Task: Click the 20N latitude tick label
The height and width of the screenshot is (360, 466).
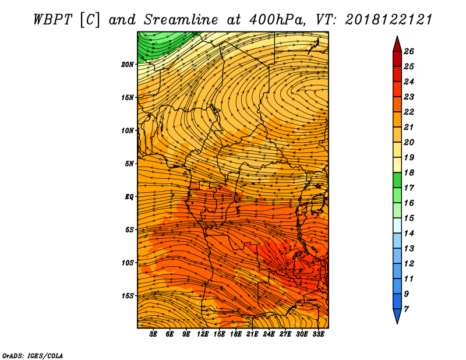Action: coord(128,65)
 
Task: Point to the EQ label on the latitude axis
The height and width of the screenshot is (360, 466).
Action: coord(129,197)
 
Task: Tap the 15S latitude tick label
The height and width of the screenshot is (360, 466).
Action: coord(128,296)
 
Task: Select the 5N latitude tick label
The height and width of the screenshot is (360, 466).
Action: coord(129,164)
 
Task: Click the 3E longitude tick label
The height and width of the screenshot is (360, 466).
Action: coord(153,334)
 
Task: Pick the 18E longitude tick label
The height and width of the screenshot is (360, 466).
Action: coord(236,334)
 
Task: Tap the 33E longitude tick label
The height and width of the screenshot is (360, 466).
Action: coord(318,334)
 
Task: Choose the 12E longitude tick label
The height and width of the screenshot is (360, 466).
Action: coord(203,334)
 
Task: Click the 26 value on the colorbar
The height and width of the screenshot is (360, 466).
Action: coord(409,51)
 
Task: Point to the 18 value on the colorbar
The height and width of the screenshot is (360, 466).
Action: coord(409,172)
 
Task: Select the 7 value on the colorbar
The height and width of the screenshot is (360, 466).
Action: coord(406,309)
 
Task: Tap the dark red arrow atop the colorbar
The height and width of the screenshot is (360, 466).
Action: coord(397,44)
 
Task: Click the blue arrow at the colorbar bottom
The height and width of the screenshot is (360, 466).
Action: coord(397,316)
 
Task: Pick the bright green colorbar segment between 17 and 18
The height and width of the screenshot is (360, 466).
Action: coord(397,180)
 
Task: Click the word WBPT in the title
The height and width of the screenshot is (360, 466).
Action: coord(52,20)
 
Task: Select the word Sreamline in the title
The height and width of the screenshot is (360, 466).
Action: coord(181,20)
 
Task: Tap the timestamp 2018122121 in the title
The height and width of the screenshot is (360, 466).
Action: coord(389,20)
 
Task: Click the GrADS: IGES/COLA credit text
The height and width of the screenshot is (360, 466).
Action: coord(33,356)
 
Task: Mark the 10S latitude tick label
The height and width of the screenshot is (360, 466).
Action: coord(128,263)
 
